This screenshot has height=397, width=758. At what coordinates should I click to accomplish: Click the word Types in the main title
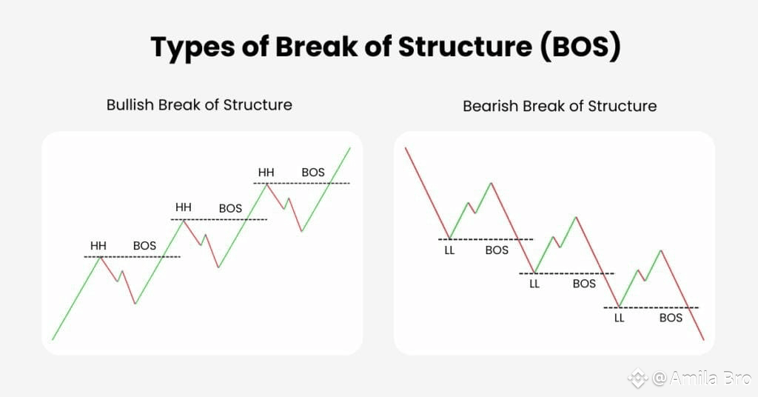(x=192, y=48)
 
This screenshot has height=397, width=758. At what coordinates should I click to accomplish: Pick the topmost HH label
(x=266, y=172)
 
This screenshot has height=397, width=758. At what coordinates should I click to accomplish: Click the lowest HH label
(x=98, y=246)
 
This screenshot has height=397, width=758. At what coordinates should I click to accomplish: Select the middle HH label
(x=184, y=207)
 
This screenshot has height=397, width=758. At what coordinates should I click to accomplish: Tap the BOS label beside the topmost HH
(x=313, y=172)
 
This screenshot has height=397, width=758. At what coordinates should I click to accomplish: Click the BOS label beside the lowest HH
(x=144, y=246)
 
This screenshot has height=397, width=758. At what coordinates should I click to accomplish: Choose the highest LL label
(x=449, y=250)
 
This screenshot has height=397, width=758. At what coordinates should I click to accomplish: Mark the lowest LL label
(x=620, y=318)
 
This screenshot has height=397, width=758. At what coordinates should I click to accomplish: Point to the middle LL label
(x=534, y=284)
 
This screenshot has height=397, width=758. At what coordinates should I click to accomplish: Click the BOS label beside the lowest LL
(x=671, y=318)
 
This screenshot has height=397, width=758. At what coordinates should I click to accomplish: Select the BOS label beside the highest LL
(x=497, y=250)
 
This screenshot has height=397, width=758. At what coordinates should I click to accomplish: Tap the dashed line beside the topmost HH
(x=302, y=183)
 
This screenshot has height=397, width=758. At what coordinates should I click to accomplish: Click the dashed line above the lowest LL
(x=651, y=307)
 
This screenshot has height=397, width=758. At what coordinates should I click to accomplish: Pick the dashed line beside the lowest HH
(x=132, y=256)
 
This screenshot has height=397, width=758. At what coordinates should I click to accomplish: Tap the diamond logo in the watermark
(x=638, y=378)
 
